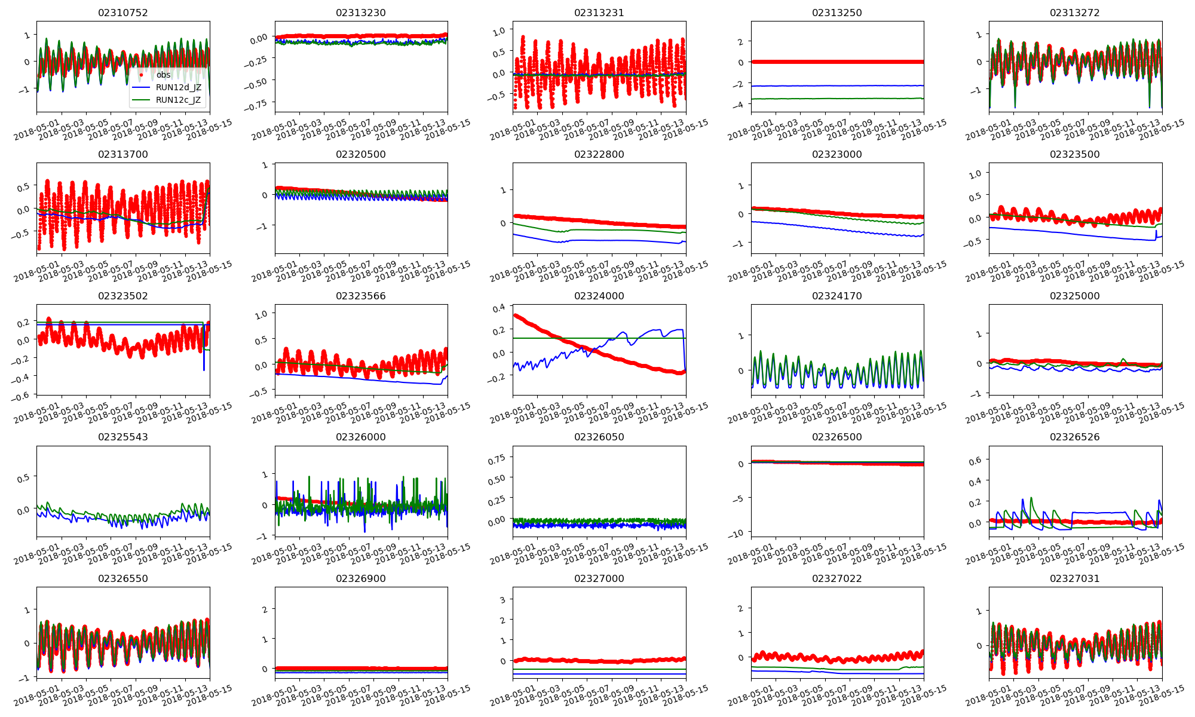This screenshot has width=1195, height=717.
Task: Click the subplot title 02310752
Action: click(123, 13)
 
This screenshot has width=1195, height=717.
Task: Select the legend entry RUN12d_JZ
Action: click(179, 87)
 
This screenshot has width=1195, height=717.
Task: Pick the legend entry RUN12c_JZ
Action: click(179, 100)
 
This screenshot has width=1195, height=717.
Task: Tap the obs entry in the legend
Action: click(164, 75)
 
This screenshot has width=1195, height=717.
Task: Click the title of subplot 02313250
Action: click(837, 13)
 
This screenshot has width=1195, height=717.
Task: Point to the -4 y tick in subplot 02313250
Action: click(740, 105)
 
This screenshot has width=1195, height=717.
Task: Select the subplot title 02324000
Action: click(599, 296)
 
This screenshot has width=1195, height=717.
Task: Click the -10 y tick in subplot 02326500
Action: click(737, 534)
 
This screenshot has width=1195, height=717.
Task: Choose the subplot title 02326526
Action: click(1075, 437)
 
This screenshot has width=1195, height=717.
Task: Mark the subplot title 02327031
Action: click(1075, 578)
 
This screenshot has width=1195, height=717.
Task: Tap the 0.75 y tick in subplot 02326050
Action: click(497, 458)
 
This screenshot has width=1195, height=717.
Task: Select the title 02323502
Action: click(123, 296)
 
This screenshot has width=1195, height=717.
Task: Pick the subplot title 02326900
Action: click(361, 578)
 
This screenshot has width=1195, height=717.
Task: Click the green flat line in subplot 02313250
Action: click(836, 99)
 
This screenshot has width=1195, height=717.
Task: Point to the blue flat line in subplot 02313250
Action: click(836, 85)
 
